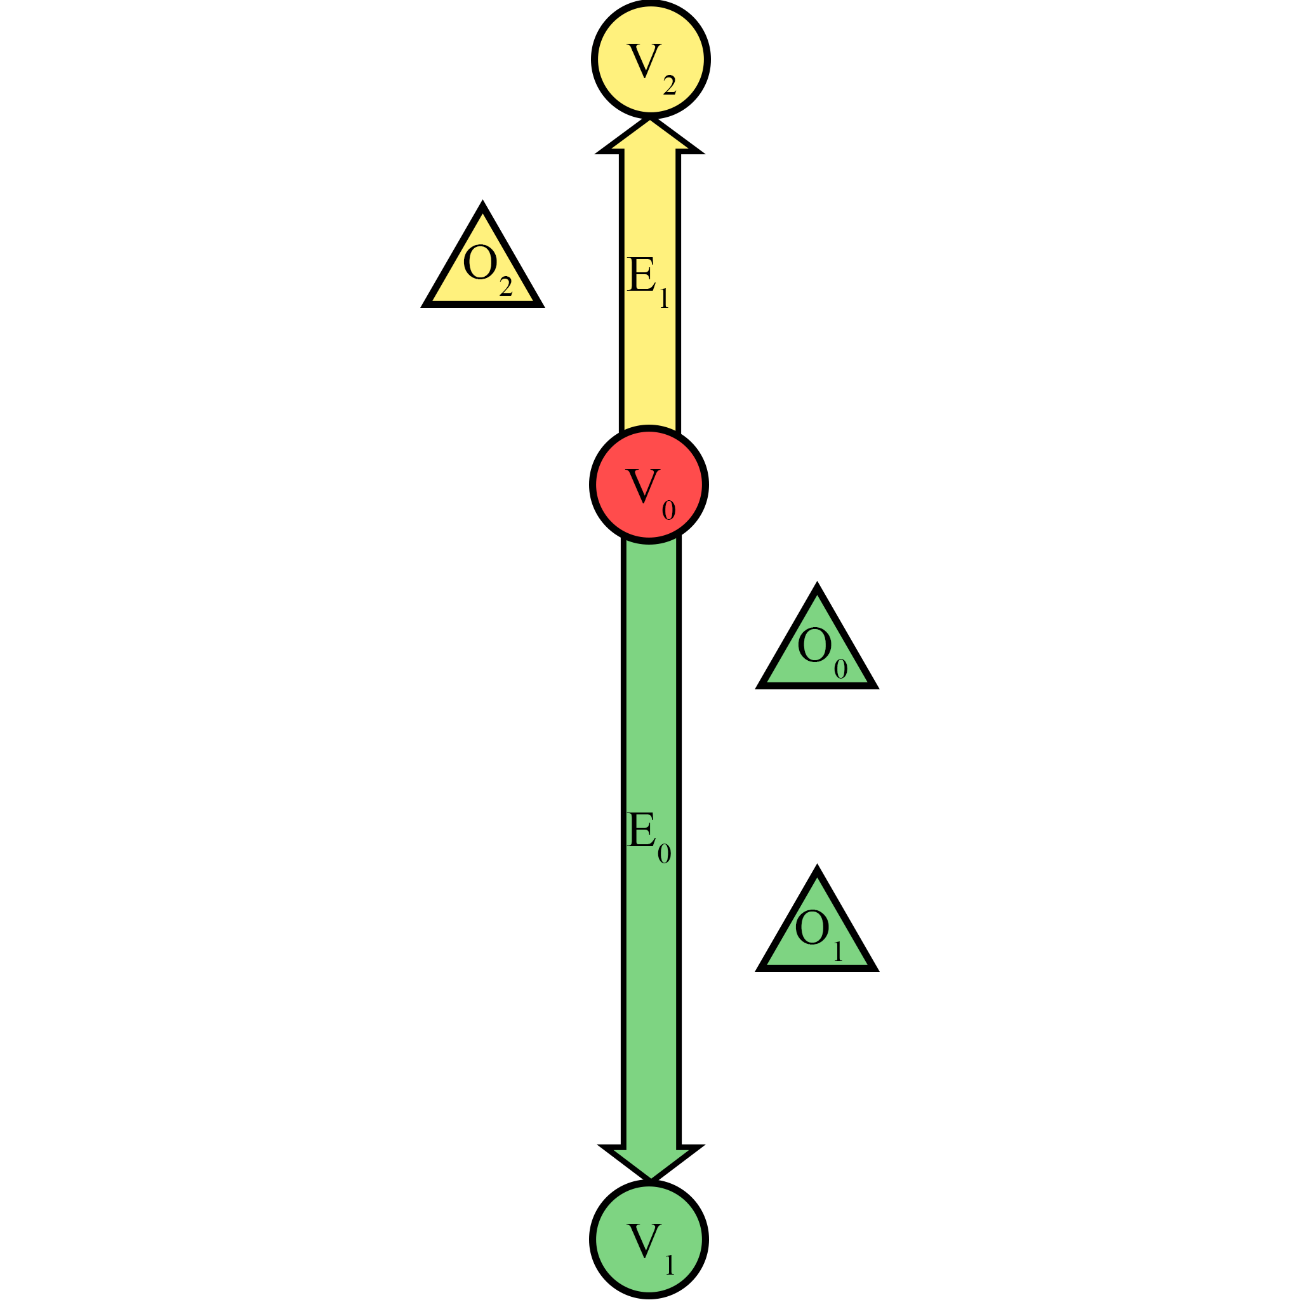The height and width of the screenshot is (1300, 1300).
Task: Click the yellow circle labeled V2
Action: [x=651, y=59]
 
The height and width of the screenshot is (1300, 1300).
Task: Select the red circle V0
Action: [x=649, y=484]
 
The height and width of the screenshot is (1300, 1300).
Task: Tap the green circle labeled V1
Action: [x=649, y=1240]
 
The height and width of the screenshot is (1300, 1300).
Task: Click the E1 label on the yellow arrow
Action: [x=647, y=281]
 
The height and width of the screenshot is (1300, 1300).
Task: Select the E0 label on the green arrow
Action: [x=648, y=837]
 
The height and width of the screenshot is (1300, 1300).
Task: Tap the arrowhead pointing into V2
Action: [x=650, y=135]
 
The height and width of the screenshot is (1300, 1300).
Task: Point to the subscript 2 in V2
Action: [x=669, y=86]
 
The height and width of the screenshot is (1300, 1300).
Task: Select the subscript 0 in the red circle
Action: [x=668, y=511]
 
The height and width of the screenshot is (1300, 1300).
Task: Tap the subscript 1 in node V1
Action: [x=670, y=1265]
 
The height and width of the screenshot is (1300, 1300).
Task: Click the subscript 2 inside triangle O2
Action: [x=506, y=288]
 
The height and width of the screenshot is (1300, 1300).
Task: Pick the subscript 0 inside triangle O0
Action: [x=840, y=669]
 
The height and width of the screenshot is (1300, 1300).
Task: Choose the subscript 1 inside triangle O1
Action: [x=839, y=952]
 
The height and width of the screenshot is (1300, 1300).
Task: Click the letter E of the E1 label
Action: [x=640, y=275]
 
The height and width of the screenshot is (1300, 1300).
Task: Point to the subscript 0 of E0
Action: [x=664, y=854]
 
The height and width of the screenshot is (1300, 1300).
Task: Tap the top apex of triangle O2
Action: [x=482, y=205]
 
